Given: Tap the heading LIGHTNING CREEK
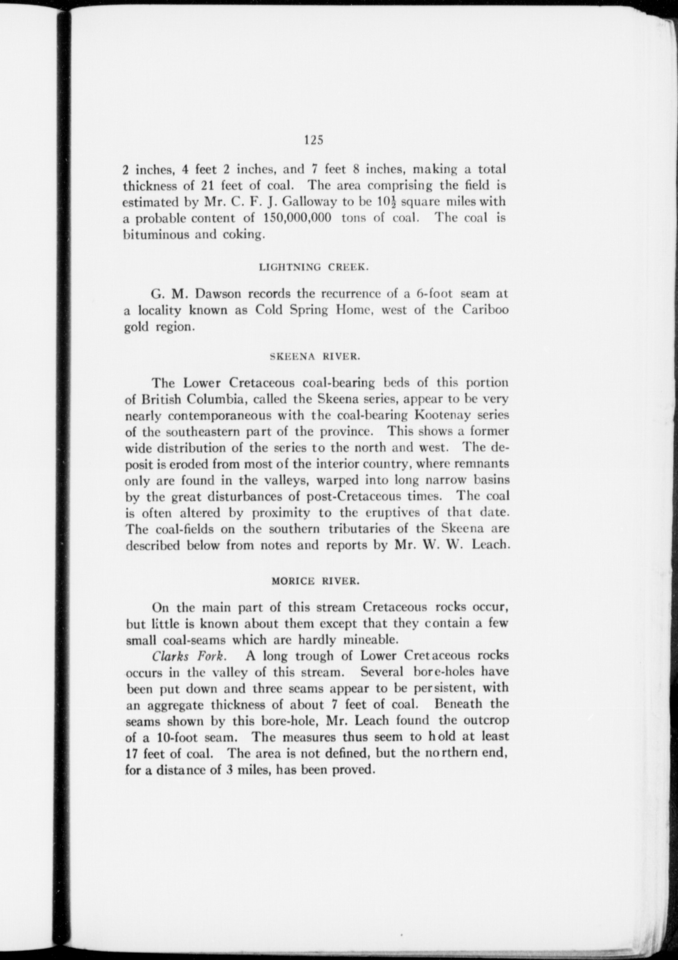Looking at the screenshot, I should coord(314,268).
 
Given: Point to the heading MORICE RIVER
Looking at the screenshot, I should coord(315,582).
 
